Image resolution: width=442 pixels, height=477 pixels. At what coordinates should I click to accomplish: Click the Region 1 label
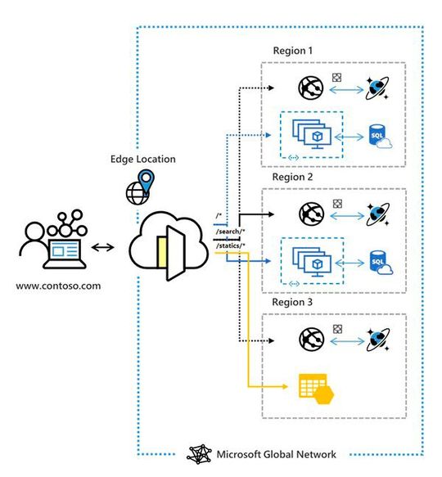(x=293, y=51)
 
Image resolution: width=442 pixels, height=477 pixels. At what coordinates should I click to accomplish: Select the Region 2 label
(x=293, y=177)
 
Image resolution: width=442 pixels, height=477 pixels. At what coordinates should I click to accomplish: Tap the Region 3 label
(x=293, y=302)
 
